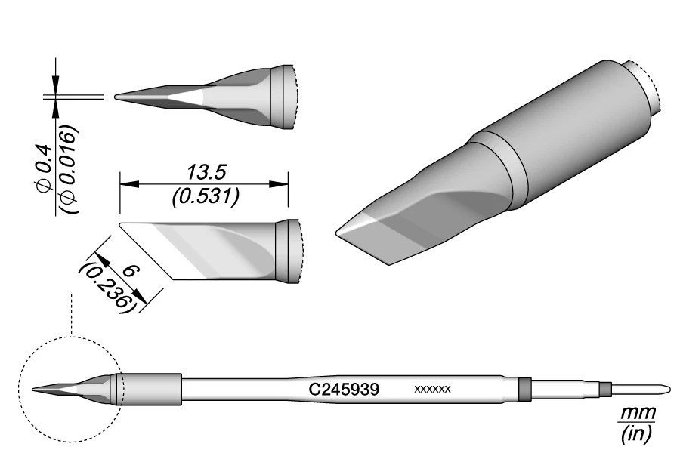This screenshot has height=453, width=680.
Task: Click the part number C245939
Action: click(x=344, y=390)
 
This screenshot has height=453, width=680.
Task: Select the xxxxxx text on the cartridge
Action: click(x=433, y=390)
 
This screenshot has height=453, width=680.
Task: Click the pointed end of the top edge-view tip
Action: click(x=116, y=97)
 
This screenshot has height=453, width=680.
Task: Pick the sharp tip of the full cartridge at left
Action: click(x=35, y=390)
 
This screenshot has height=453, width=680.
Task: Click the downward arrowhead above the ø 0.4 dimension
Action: click(x=55, y=85)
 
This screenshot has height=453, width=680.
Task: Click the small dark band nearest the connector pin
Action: click(x=604, y=390)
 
